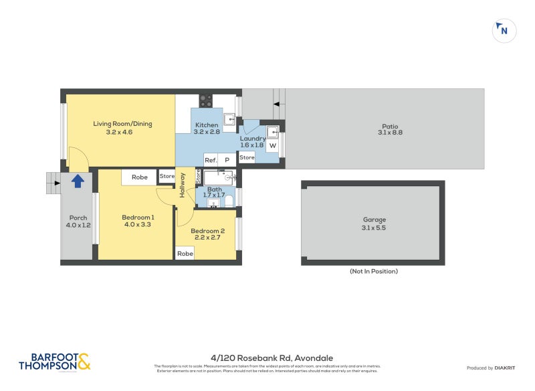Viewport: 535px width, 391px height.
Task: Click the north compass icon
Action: click(503, 30)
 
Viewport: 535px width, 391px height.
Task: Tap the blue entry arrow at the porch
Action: click(78, 180)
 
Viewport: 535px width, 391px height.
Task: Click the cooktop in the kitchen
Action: click(206, 101)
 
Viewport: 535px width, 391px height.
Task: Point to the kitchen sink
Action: click(229, 119)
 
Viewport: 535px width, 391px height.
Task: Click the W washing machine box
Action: click(272, 145)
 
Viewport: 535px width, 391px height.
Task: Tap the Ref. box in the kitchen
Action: click(211, 160)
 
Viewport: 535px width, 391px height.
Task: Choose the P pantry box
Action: click(227, 160)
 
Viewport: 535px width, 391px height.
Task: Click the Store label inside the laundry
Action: click(247, 157)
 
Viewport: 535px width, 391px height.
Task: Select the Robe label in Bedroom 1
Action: click(139, 177)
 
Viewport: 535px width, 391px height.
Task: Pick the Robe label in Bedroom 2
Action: click(185, 254)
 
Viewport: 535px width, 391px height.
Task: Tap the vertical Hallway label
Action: click(182, 185)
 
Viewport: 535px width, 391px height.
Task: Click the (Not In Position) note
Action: click(373, 271)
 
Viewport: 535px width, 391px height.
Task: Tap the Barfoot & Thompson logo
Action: click(54, 362)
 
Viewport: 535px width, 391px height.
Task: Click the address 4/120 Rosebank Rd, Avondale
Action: click(267, 358)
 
